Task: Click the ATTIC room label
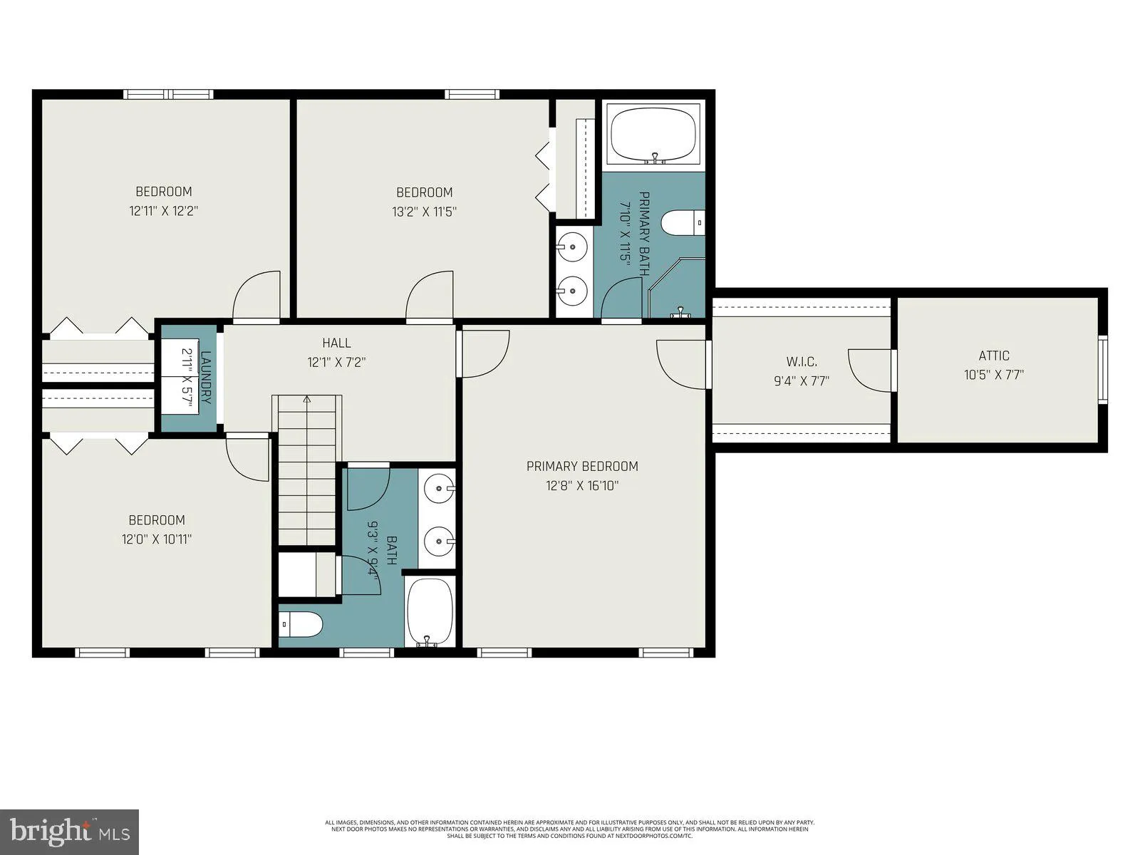tap(993, 356)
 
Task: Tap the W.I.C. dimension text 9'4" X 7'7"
tap(802, 381)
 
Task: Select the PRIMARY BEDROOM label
tap(582, 466)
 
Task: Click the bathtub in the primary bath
tap(654, 135)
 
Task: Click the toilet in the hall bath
tap(301, 625)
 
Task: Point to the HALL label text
tap(336, 343)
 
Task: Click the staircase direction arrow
tap(307, 400)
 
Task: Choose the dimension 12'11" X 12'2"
tap(163, 212)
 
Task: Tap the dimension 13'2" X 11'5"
tap(424, 212)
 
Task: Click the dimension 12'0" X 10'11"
tap(157, 539)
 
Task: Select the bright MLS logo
tap(70, 831)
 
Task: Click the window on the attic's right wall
tap(1103, 370)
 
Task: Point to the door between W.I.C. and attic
tap(892, 370)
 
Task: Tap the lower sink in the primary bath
tap(572, 290)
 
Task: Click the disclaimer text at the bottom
tap(569, 829)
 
